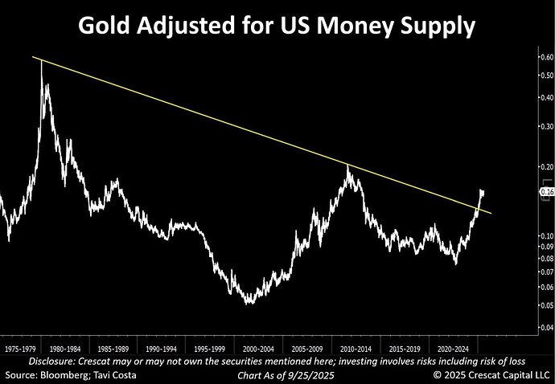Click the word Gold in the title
tap(104, 26)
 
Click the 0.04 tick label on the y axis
tap(545, 328)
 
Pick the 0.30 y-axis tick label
tap(545, 126)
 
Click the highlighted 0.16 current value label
tap(547, 192)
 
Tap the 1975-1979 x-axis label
tap(20, 349)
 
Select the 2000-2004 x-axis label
tap(259, 349)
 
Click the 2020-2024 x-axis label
tap(453, 349)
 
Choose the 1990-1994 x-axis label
tap(161, 349)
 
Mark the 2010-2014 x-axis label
tap(356, 349)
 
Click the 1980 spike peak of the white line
tap(41, 61)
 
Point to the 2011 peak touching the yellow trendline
tap(347, 165)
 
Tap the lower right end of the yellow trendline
tap(491, 213)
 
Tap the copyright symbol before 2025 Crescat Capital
tap(438, 375)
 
